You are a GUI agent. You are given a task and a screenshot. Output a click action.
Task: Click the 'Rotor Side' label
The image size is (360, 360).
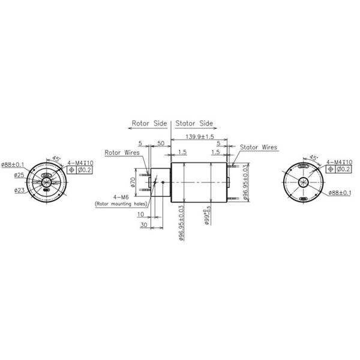tap(149, 124)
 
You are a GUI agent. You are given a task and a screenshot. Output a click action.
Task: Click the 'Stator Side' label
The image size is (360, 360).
tap(194, 124)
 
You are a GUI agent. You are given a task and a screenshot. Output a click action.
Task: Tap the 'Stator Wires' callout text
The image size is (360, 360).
tap(259, 147)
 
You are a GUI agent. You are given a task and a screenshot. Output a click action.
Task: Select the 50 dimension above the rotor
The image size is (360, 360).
tap(161, 144)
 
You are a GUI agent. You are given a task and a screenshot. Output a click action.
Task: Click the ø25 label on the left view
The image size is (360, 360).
tap(19, 175)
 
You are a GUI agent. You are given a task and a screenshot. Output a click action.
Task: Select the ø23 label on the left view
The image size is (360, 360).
tap(19, 191)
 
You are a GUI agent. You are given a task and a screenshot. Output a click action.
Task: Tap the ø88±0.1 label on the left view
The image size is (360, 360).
tap(13, 164)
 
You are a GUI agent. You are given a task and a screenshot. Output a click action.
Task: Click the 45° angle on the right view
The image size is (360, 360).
tap(313, 158)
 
